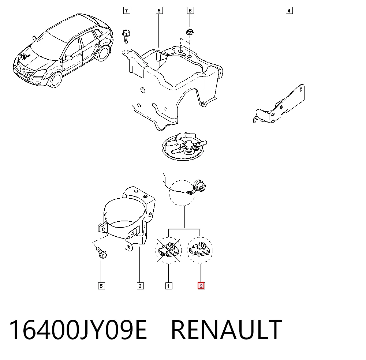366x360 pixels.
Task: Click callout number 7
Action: coord(127,11)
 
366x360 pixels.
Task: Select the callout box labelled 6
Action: coord(159,11)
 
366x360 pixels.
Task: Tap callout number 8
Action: coord(190,11)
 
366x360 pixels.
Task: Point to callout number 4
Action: coord(289,11)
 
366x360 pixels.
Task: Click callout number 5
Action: coord(101,286)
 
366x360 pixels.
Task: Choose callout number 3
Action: coord(140,286)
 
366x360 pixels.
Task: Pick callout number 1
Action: coord(169,286)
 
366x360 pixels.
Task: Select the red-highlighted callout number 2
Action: coord(201,286)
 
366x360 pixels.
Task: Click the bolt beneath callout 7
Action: coord(126,36)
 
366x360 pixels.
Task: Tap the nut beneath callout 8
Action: coord(190,31)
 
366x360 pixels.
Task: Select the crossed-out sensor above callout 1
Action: coord(169,250)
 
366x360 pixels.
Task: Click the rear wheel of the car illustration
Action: coord(104,53)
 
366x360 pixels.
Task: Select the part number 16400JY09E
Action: coord(78,330)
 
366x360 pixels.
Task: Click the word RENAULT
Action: coord(227,330)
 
